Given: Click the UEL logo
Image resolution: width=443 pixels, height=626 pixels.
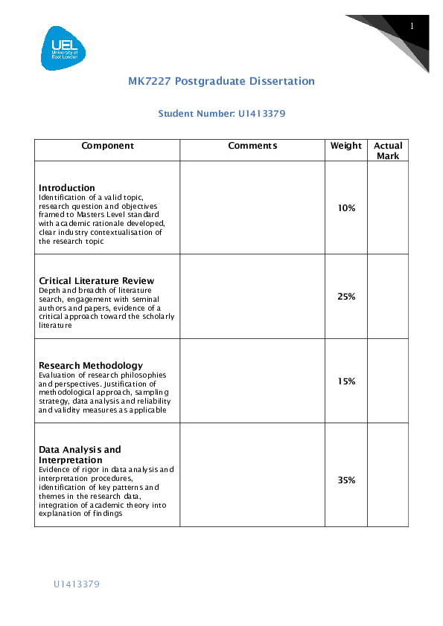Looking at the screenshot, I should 63,48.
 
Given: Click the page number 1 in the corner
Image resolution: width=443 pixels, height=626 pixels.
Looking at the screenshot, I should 411,27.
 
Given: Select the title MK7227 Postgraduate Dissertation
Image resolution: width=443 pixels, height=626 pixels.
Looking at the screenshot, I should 221,81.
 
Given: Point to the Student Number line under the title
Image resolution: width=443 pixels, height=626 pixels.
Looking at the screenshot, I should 222,114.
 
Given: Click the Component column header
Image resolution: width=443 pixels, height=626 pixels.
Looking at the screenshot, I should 107,146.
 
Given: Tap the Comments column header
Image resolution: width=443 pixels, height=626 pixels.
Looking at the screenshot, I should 252,146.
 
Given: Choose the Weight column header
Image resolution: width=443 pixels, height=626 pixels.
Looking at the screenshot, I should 346,146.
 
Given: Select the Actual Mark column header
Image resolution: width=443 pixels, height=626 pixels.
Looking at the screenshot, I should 388,151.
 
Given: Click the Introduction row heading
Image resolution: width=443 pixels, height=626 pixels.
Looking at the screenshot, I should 67,187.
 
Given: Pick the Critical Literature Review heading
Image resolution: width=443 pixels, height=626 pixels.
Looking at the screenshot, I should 96,280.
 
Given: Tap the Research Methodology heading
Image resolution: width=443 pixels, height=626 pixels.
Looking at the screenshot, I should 91,366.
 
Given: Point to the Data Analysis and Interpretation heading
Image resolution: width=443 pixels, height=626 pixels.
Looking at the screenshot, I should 80,455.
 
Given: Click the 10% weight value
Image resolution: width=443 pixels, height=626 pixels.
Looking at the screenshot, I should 346,208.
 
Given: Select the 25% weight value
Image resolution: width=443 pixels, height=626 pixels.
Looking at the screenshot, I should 346,297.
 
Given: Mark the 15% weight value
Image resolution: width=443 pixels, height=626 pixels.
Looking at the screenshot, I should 346,381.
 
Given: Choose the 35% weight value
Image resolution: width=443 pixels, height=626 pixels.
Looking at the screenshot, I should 346,480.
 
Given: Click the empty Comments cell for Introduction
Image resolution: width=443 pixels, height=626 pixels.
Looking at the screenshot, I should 252,208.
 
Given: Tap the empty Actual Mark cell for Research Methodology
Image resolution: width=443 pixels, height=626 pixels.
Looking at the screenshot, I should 388,381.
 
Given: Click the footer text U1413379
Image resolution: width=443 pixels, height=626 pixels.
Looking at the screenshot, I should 76,584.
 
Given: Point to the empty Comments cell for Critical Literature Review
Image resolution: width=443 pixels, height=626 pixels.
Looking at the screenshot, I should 252,297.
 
